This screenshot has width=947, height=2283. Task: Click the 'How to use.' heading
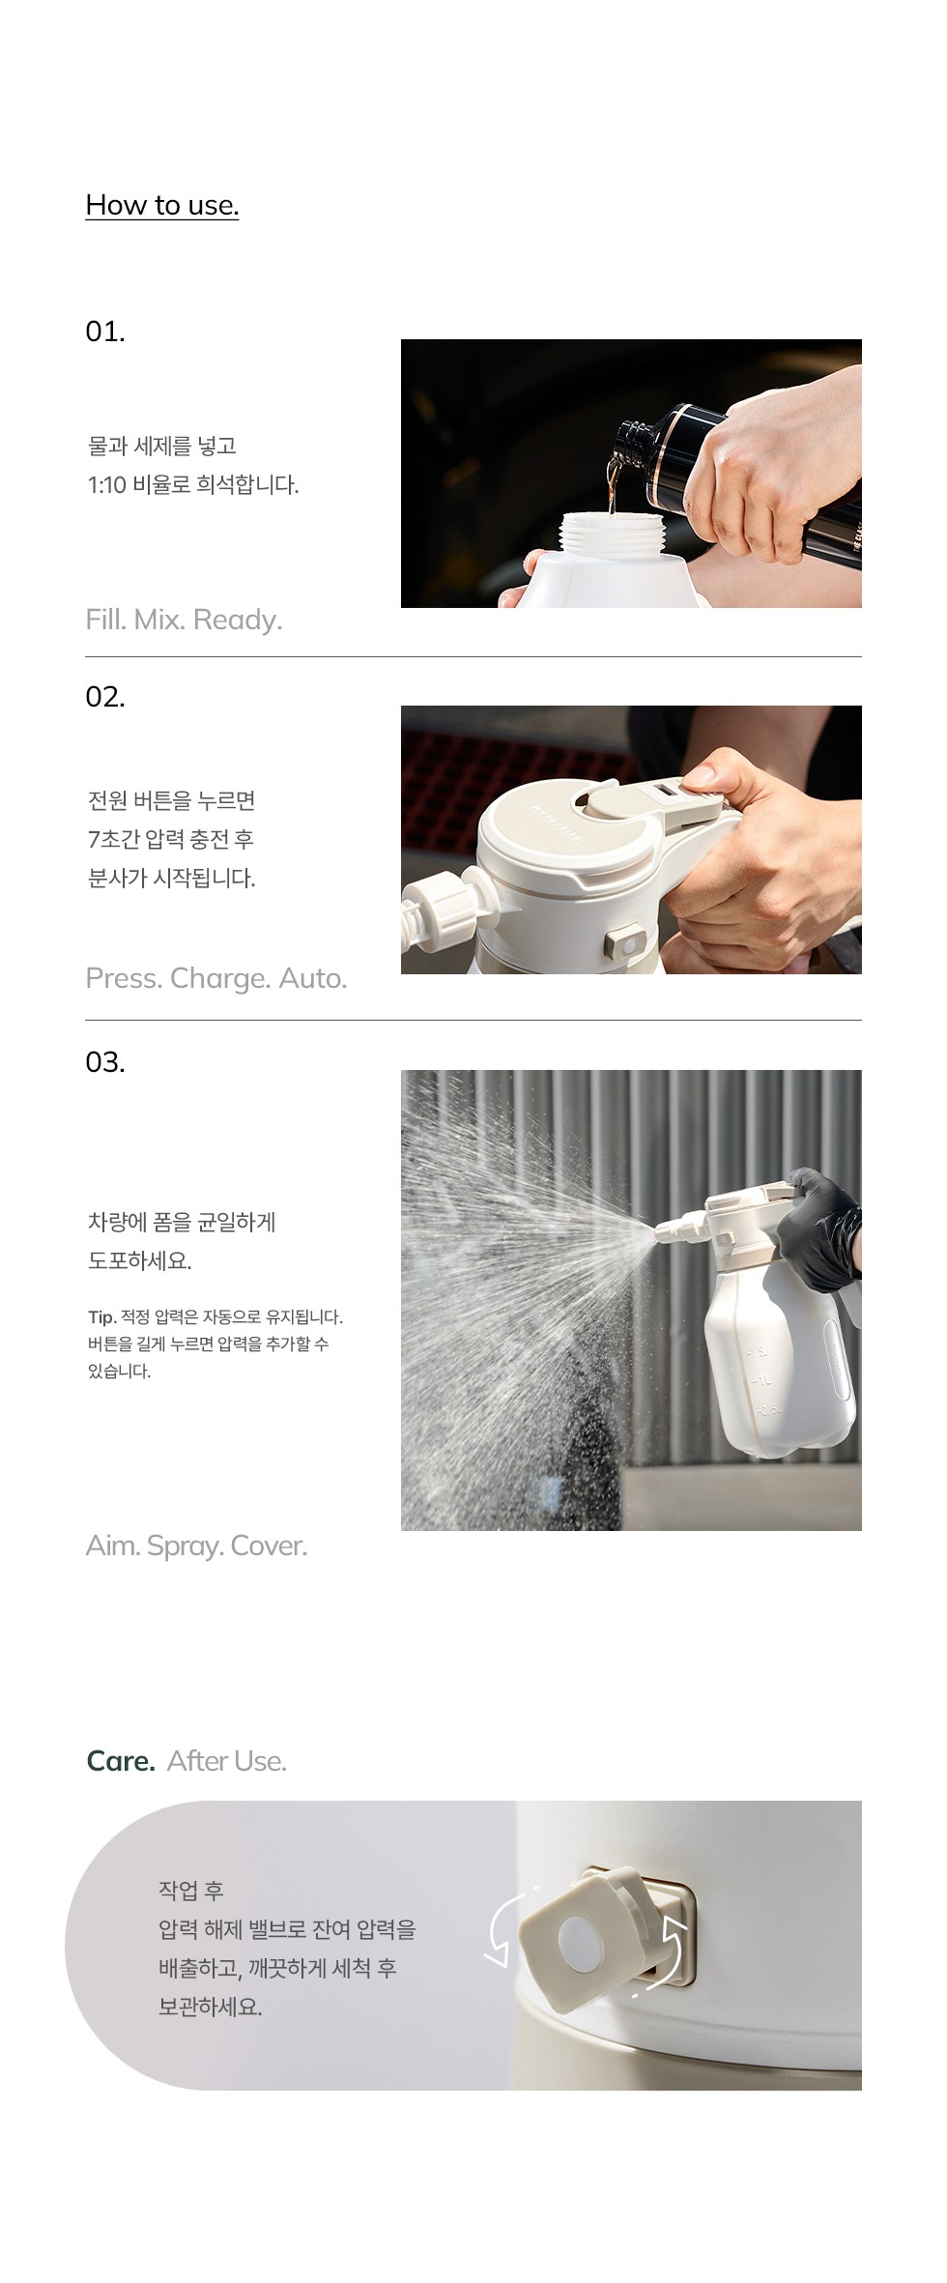162,205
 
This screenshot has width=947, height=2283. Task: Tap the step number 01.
105,332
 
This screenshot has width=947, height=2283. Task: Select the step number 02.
105,697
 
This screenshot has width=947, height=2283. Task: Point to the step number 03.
105,1062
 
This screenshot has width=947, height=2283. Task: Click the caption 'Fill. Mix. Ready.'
184,620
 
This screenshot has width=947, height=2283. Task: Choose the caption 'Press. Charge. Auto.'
215,978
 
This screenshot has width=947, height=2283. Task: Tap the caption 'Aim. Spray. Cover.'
196,1546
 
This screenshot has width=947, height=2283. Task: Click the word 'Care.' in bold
121,1761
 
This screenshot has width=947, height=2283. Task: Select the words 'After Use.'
227,1761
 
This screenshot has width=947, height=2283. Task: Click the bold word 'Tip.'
101,1317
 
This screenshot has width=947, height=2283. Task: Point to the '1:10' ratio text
107,485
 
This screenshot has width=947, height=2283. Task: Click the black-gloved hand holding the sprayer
821,1228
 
